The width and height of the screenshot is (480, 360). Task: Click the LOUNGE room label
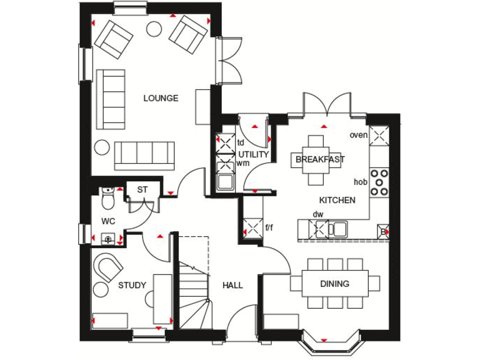(161, 98)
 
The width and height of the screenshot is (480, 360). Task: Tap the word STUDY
(132, 286)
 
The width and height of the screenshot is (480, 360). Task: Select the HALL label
(232, 286)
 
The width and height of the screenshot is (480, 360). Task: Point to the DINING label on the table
(335, 284)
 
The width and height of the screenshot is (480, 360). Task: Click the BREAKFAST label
(320, 159)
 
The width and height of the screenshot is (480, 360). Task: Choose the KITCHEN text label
(337, 201)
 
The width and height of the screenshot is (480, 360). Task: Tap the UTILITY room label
(253, 154)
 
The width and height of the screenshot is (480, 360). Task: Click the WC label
(109, 221)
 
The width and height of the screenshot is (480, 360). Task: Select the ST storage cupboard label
(142, 189)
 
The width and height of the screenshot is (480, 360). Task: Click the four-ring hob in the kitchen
(379, 182)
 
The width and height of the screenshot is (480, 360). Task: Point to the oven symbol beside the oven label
(379, 136)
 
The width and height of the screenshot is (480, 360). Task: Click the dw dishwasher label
(318, 214)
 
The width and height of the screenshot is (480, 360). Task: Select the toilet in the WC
(108, 198)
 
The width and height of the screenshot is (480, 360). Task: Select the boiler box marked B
(383, 232)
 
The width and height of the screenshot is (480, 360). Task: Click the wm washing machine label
(242, 164)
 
